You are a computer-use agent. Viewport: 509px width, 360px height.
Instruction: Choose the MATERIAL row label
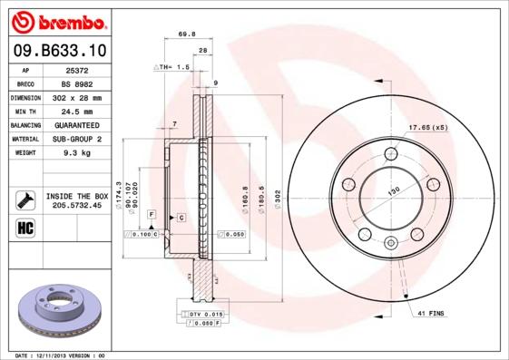pyautogui.click(x=24, y=140)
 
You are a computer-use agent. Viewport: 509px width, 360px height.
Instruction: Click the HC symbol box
pyautogui.click(x=24, y=227)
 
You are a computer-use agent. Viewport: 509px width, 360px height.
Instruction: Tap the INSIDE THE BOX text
pyautogui.click(x=76, y=196)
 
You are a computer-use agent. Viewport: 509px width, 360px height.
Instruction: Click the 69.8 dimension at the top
pyautogui.click(x=187, y=34)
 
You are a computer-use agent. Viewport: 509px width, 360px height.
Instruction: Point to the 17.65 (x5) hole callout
pyautogui.click(x=428, y=127)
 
